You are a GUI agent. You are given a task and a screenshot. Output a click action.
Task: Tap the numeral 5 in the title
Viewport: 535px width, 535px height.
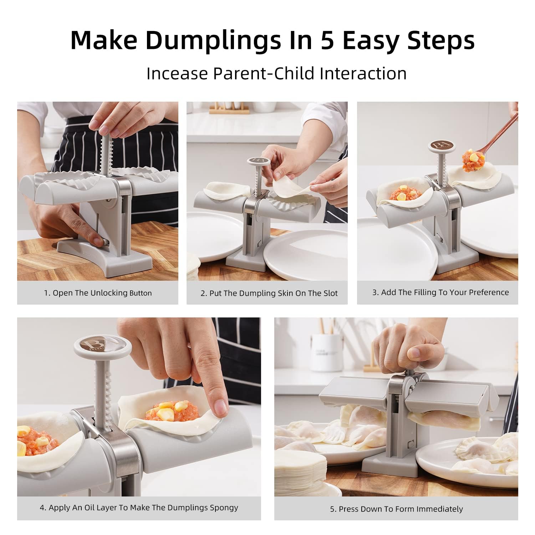327,40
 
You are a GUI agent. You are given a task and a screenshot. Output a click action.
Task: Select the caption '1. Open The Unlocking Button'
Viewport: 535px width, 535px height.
98,293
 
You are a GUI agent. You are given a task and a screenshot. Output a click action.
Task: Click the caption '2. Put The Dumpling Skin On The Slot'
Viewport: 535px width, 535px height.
269,293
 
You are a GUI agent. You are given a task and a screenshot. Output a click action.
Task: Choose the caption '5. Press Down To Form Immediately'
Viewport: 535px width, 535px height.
396,509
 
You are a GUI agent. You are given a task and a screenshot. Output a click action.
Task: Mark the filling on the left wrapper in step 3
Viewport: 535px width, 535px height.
402,194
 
